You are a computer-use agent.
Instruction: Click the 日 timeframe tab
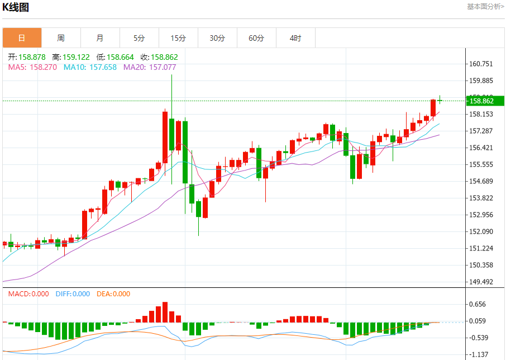22,38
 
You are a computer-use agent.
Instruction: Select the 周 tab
61,38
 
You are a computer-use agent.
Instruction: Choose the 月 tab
100,38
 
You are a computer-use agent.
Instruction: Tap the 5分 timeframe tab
139,38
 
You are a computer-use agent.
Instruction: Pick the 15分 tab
178,38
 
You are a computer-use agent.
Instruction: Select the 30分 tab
217,38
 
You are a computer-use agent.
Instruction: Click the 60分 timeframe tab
256,38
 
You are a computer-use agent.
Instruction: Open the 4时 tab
295,38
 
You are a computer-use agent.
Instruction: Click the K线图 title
16,7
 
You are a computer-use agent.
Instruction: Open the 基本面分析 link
485,6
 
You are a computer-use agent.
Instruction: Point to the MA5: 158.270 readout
33,67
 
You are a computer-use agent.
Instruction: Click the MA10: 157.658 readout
90,67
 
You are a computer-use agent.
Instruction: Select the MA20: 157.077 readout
150,67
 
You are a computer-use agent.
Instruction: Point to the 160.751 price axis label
481,64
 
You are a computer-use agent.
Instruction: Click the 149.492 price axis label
481,282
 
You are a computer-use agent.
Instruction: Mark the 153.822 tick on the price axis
481,198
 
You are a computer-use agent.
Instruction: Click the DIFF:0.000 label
73,294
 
